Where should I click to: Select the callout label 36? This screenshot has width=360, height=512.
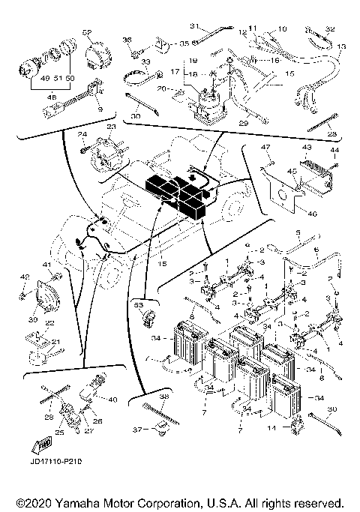coord(127,40)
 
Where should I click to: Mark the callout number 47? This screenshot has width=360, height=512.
coord(265,148)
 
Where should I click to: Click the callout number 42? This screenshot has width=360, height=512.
coord(25,277)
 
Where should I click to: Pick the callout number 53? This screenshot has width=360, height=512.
coord(137,305)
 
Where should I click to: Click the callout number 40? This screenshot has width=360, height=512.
coord(113,399)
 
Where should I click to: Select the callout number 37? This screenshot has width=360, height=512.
coord(136,430)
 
